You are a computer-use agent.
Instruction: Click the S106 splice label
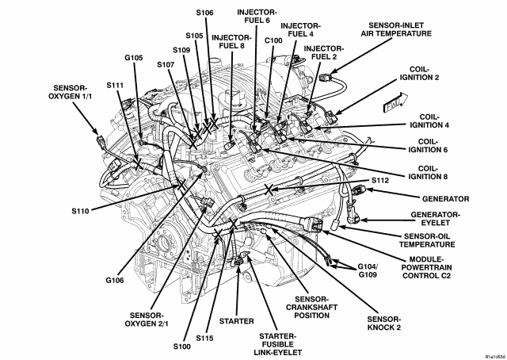[204, 13]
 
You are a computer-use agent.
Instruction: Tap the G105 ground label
[134, 58]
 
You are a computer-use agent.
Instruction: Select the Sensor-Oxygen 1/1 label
[70, 92]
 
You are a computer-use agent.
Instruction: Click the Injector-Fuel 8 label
[231, 42]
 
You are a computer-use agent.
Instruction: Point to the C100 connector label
[273, 40]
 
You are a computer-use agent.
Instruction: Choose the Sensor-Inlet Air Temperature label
[396, 29]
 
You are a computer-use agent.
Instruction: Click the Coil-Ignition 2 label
[419, 74]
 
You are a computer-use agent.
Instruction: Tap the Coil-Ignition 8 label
[428, 173]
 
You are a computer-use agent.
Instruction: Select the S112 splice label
[380, 180]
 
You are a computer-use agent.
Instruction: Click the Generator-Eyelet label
[435, 219]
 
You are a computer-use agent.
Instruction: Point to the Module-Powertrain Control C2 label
[426, 267]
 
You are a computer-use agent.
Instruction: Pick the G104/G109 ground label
[368, 270]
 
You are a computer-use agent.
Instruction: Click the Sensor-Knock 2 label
[384, 323]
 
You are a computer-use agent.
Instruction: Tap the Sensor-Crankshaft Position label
[311, 307]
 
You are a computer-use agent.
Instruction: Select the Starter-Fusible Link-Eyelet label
[278, 344]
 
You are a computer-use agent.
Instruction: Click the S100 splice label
[181, 347]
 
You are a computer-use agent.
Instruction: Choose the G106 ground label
[115, 281]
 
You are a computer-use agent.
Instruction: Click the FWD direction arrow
[395, 102]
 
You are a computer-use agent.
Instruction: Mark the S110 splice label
[80, 211]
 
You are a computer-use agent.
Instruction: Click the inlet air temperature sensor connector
[324, 78]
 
